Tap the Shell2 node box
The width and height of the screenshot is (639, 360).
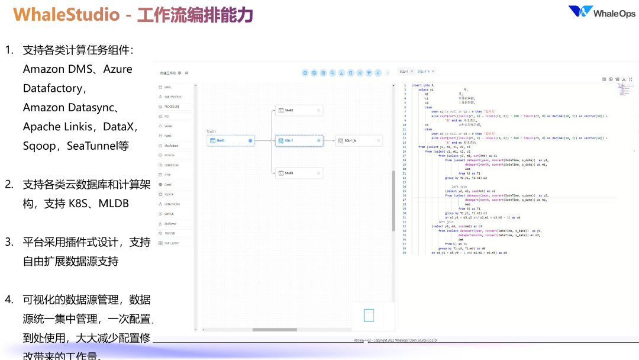coord(299,111)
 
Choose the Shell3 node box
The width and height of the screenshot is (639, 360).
coord(299,173)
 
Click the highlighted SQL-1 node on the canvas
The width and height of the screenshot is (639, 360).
coord(299,140)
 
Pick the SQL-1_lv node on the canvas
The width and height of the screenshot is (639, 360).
coord(359,140)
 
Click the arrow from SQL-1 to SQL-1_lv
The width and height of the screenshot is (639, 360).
coord(329,140)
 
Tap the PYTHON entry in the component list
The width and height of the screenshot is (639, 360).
coord(169,155)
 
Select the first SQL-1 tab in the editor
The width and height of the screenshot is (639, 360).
coord(404,71)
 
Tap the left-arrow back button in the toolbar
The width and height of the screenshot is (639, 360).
coord(378,73)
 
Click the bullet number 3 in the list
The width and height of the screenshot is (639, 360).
coord(9,242)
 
